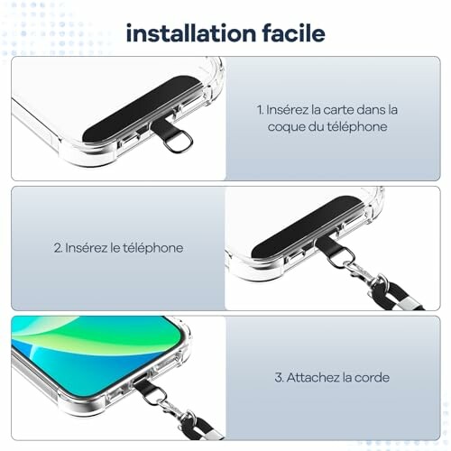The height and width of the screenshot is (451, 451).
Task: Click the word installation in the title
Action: point(191,33)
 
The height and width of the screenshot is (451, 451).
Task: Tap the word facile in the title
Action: point(294,33)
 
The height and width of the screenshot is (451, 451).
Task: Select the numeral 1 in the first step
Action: point(260,110)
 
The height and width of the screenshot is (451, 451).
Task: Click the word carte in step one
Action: point(334,110)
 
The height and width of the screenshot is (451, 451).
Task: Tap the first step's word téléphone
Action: point(357,126)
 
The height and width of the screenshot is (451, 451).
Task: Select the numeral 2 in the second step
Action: point(58,248)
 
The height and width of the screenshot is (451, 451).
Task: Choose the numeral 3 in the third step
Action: point(279,377)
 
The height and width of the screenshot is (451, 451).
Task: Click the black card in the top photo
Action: point(142,110)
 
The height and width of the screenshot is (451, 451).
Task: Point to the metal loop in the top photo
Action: point(179,143)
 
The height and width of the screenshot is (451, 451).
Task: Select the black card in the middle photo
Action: point(307,227)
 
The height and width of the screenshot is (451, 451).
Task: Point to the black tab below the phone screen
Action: point(146,388)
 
